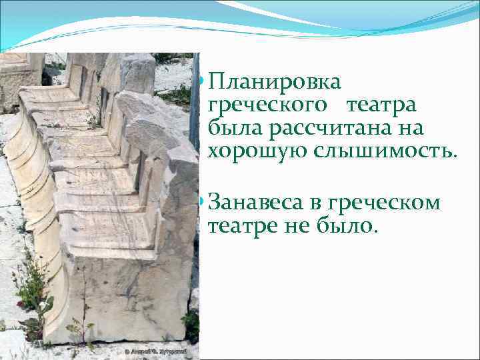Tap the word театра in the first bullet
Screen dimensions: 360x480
381,105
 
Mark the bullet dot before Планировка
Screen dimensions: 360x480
201,83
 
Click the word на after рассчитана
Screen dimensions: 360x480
413,128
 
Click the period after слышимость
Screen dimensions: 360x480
455,156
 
